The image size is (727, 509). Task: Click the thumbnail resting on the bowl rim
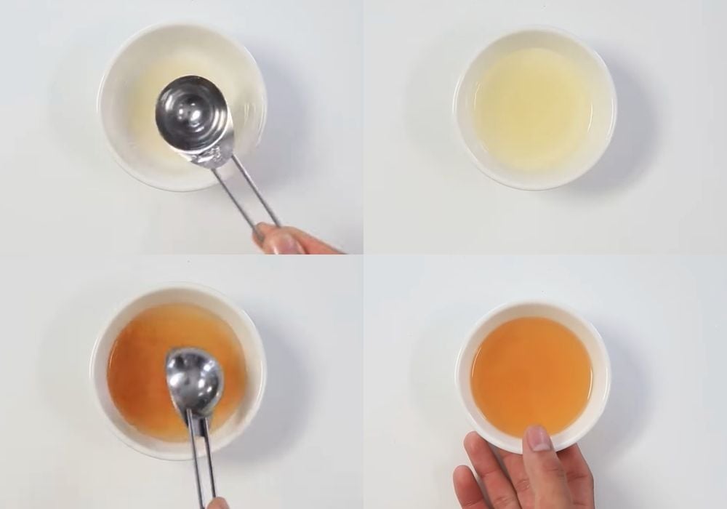coord(538,438)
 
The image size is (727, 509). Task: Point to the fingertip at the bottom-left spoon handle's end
coord(217,503)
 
